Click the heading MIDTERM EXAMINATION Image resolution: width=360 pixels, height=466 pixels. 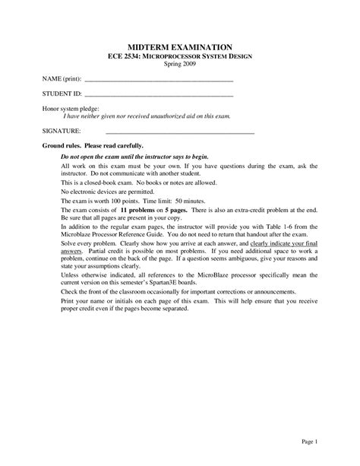tap(180, 46)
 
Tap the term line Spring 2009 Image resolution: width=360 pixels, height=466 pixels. tap(180, 65)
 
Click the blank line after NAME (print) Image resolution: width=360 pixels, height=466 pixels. tap(158, 80)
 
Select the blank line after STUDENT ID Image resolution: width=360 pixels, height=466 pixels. tap(158, 95)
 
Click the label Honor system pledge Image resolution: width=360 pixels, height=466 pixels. tap(69, 109)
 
